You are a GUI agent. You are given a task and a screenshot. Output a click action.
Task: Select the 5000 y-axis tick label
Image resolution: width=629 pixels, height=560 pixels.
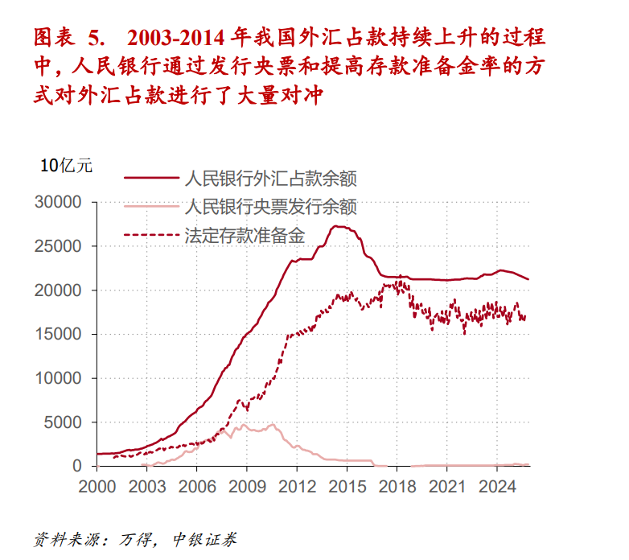pos(66,422)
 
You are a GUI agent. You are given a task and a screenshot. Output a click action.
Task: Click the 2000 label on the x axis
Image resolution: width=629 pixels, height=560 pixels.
pos(97,486)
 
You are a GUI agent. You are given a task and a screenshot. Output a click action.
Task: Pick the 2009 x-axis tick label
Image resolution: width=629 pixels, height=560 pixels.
pos(246,486)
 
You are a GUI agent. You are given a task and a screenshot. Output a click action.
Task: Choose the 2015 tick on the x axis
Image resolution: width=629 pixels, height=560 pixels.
pos(347,486)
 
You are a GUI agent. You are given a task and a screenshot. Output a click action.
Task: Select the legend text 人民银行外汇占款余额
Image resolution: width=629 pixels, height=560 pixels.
pos(270,178)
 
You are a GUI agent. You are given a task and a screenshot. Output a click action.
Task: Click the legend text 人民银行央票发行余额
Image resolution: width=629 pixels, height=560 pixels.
pos(270,207)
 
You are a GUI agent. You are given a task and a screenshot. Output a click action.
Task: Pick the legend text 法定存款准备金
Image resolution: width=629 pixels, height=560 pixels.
pos(245,236)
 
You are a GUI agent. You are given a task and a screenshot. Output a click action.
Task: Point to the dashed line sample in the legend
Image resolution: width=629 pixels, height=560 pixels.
pos(150,236)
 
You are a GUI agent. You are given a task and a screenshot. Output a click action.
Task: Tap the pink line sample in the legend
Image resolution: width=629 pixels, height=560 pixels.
pos(150,207)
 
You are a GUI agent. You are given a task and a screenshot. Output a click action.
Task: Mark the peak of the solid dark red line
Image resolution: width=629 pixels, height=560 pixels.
pos(339,226)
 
